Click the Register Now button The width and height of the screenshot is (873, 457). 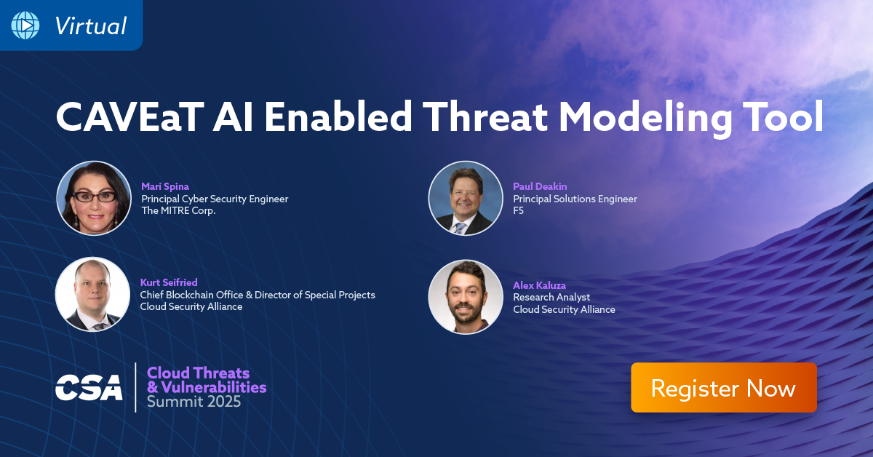723,388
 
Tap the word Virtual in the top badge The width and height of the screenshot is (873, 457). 90,26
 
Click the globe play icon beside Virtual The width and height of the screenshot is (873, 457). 25,25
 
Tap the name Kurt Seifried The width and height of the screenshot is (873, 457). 169,282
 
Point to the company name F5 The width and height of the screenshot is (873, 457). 519,211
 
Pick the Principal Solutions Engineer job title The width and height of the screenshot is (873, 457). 575,199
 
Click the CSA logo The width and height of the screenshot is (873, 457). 89,388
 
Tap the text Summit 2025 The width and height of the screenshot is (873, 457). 194,401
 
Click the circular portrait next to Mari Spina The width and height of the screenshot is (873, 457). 94,198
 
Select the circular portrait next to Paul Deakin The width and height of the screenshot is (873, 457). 466,198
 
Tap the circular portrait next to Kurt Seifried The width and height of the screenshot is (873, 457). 92,294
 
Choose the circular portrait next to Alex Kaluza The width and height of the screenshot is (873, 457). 466,297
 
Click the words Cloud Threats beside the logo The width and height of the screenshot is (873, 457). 198,373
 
